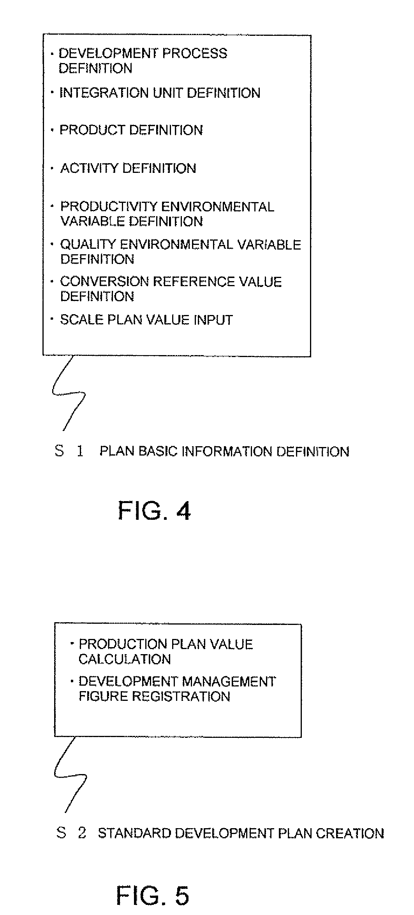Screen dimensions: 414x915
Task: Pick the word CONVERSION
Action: (102, 282)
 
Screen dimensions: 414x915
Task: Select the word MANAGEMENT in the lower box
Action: (229, 681)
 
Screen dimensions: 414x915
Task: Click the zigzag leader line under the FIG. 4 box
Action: (69, 393)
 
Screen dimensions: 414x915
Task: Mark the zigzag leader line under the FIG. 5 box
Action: (70, 774)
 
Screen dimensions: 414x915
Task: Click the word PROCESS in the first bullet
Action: (194, 53)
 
